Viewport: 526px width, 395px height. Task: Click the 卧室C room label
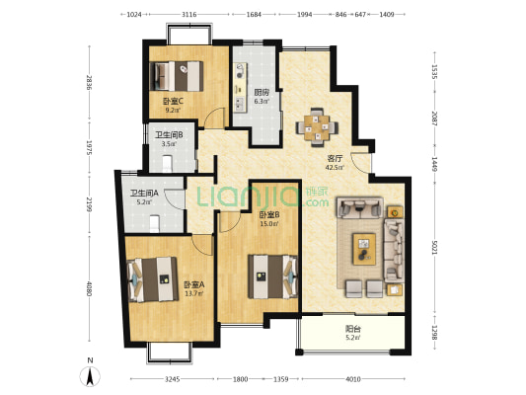pos(173,101)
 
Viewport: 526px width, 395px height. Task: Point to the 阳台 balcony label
pos(353,329)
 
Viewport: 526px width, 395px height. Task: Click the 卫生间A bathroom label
pos(144,193)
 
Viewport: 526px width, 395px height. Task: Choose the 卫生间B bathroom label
pos(169,135)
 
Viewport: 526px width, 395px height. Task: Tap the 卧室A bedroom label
pos(193,285)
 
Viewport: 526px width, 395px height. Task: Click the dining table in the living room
pos(317,127)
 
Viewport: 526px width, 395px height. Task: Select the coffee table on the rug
pos(364,249)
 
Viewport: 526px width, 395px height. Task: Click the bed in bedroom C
pos(177,76)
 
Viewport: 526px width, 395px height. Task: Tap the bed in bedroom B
pos(272,276)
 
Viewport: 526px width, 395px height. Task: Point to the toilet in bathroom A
pos(154,224)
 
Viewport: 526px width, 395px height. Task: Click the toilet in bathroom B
pos(167,164)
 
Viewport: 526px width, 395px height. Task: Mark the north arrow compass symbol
pos(90,376)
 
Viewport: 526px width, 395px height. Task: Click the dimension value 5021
pos(435,247)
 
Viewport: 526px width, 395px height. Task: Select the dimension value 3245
pos(173,379)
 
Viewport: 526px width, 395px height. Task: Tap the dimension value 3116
pos(188,15)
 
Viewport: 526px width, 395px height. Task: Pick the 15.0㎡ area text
pos(269,224)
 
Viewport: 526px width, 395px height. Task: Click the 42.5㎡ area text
pos(335,167)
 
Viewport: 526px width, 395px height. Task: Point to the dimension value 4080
pos(89,288)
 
